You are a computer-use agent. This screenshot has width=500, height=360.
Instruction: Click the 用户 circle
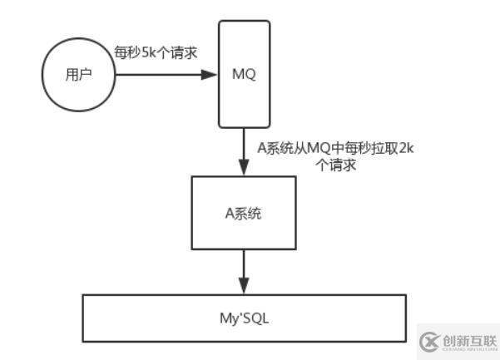coord(78,74)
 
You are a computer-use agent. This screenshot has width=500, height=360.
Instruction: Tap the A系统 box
coord(243,214)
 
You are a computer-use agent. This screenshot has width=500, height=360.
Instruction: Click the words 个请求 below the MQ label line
coord(336,165)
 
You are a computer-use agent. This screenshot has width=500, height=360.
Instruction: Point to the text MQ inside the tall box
coord(243,74)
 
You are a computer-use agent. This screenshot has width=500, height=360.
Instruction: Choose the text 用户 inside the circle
coord(78,74)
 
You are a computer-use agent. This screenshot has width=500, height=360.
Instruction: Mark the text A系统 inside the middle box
coord(243,214)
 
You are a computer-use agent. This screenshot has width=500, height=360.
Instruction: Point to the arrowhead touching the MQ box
coord(210,74)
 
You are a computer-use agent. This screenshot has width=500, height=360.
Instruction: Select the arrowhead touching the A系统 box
coord(243,169)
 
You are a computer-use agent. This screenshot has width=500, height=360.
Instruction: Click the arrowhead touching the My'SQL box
coord(243,287)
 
